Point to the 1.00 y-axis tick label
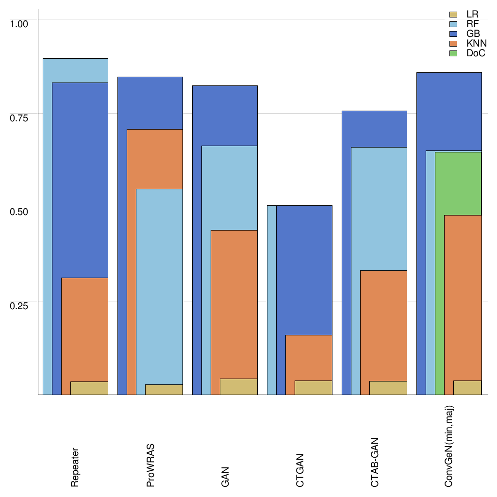click(x=20, y=23)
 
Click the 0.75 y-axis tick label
click(x=20, y=117)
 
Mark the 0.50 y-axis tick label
click(x=20, y=212)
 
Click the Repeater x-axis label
click(x=75, y=467)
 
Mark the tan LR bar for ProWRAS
click(x=164, y=390)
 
